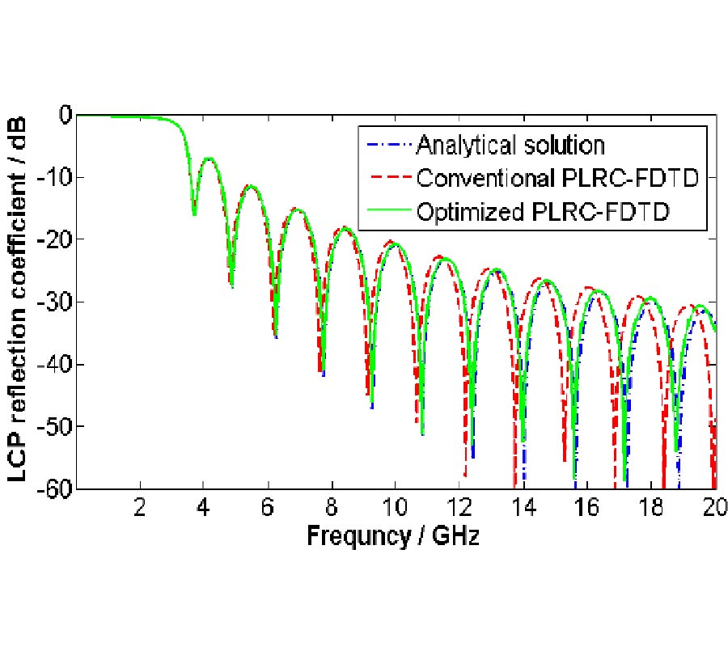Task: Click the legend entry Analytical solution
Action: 510,146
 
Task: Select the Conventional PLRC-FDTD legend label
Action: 557,178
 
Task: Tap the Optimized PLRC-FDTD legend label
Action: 547,211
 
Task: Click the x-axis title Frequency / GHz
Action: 392,536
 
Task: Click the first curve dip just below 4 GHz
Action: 194,212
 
